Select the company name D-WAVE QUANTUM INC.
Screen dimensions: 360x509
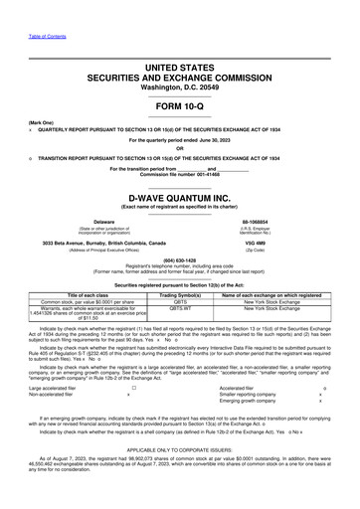pyautogui.click(x=179, y=197)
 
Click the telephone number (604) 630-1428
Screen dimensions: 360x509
pyautogui.click(x=179, y=263)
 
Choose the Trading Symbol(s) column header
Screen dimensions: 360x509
pyautogui.click(x=180, y=295)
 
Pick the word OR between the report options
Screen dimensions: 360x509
pyautogui.click(x=179, y=148)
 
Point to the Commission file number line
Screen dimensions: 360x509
pyautogui.click(x=179, y=175)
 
